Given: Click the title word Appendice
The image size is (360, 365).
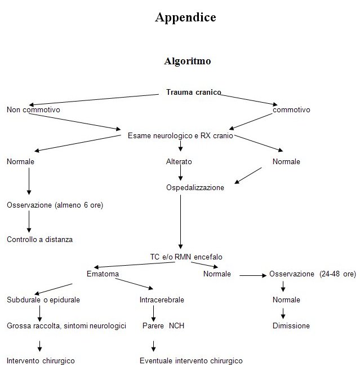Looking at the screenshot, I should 185,17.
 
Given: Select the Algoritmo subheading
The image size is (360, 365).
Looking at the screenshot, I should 187,61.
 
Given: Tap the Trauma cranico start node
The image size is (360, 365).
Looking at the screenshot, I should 193,92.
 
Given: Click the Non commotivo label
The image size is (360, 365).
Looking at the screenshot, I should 33,109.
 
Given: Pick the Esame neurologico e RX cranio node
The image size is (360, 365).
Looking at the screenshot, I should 180,135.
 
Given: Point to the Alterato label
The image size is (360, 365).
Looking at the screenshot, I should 179,162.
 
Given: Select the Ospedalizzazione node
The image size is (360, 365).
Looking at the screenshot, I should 195,188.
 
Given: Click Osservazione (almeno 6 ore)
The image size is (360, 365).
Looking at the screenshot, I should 55,205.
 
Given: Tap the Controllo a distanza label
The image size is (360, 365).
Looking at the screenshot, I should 39,239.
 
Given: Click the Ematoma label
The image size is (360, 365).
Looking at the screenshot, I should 103,274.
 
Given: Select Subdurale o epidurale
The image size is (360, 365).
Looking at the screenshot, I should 43,300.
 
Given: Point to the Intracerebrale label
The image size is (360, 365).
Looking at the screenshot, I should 162,300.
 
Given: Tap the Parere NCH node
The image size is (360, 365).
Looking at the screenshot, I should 163,326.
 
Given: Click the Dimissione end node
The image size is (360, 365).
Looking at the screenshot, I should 291,326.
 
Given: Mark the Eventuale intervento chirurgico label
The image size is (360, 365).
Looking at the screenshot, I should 191,360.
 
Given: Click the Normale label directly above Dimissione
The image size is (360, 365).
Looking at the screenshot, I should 286,300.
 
